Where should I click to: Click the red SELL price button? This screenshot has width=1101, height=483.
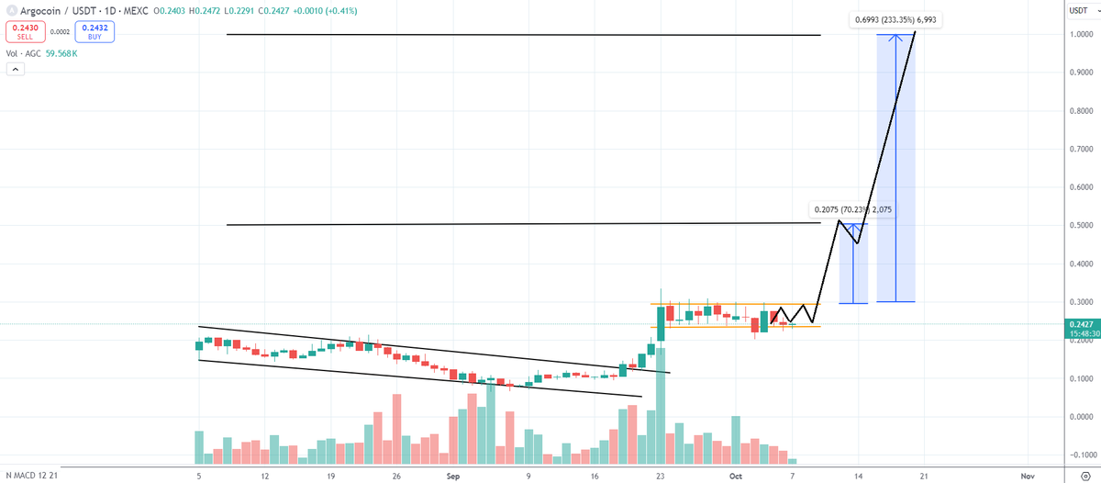point(21,31)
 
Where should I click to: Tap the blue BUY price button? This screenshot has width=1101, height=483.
point(94,31)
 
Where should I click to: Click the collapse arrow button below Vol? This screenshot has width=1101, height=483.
point(15,72)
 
